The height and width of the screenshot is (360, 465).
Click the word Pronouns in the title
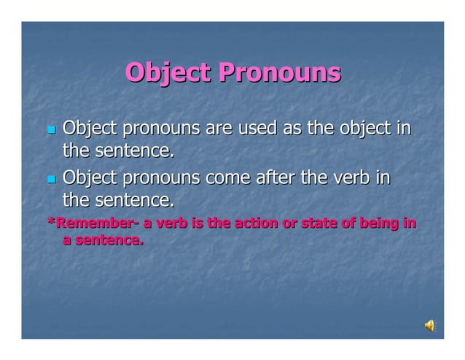pos(280,73)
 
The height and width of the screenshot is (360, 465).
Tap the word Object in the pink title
pos(168,73)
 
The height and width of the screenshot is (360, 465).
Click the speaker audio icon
pos(430,326)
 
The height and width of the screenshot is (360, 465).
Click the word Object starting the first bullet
pos(90,129)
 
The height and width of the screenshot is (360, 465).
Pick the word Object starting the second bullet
pos(90,177)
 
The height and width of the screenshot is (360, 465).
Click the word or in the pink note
pos(289,223)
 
